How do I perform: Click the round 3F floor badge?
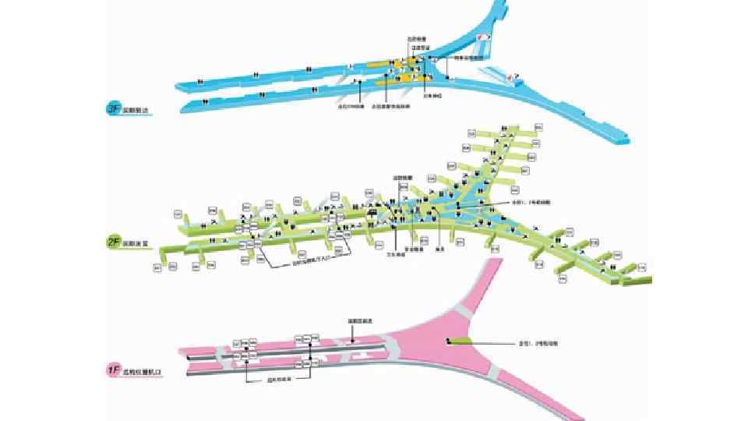(x=112, y=111)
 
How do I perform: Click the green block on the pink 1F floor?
(x=460, y=341)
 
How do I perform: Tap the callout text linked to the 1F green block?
(x=538, y=342)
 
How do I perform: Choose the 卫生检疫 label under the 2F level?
(x=397, y=254)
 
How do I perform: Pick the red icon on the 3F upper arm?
(x=483, y=37)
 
